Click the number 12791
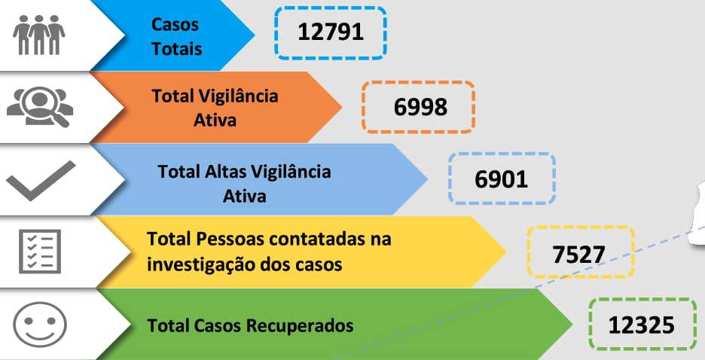tap(331, 32)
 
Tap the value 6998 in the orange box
tap(420, 107)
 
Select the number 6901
tap(501, 179)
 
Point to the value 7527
tap(578, 255)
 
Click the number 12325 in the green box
tap(641, 325)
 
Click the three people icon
tap(38, 35)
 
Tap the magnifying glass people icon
tap(40, 106)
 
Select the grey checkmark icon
tap(41, 181)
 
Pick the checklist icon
tap(40, 252)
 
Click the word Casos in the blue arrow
tap(175, 24)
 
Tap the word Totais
tap(177, 48)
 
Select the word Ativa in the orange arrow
tap(215, 120)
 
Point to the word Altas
tap(224, 171)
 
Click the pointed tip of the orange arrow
tap(342, 107)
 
